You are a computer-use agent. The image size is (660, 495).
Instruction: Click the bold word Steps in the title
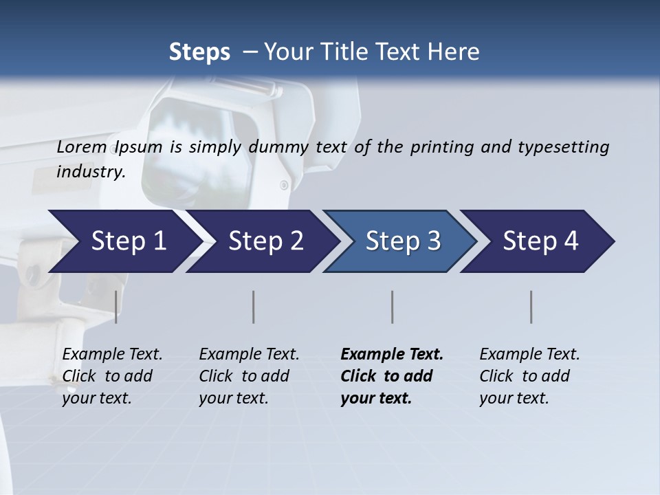pos(199,52)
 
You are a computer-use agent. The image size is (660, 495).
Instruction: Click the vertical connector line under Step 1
pos(116,307)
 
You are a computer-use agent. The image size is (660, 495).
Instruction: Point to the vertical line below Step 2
pos(254,307)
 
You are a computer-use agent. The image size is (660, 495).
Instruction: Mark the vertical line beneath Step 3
pos(392,307)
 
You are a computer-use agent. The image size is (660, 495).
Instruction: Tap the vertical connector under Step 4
pos(531,307)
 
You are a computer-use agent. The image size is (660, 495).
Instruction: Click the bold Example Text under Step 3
pos(392,354)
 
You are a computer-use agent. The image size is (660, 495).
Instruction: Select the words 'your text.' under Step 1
pos(96,398)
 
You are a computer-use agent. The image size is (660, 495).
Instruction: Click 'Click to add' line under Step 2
pos(244,376)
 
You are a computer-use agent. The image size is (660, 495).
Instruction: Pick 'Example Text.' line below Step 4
pos(529,354)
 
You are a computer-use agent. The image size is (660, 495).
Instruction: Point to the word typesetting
pos(563,147)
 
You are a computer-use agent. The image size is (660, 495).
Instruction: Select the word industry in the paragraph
pos(90,171)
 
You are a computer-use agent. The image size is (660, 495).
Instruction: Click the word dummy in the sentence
pos(280,146)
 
